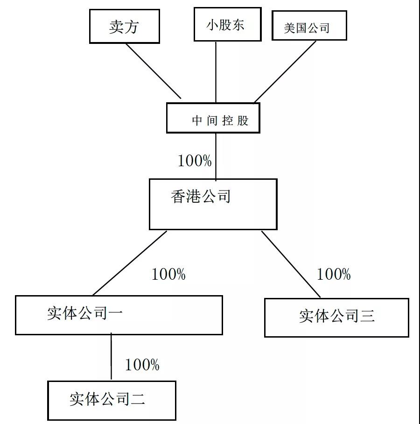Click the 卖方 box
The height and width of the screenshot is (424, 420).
[x=125, y=26]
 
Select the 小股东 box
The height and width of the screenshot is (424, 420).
[x=228, y=24]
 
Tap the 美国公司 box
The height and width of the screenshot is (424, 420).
[x=309, y=25]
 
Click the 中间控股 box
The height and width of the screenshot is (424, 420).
[x=213, y=118]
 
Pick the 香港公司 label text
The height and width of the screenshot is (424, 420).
[x=201, y=196]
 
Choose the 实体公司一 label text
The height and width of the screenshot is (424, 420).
[x=85, y=313]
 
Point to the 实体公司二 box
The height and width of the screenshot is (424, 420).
[x=112, y=401]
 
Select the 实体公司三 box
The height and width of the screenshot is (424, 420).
[x=336, y=318]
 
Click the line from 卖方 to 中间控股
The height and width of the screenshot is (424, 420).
[x=153, y=71]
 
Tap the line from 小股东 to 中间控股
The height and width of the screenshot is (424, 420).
[x=216, y=72]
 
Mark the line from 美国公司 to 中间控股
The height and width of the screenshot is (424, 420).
[x=285, y=71]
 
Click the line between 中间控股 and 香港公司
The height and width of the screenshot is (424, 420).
[x=216, y=157]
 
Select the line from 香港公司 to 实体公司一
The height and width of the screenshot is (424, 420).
[x=130, y=263]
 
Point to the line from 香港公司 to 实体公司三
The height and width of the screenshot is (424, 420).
[x=291, y=264]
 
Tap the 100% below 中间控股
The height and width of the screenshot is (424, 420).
[x=195, y=161]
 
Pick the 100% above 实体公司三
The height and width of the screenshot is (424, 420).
[x=334, y=274]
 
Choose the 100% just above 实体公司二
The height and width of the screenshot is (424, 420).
[x=142, y=365]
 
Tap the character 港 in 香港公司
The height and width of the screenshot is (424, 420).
[x=193, y=196]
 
